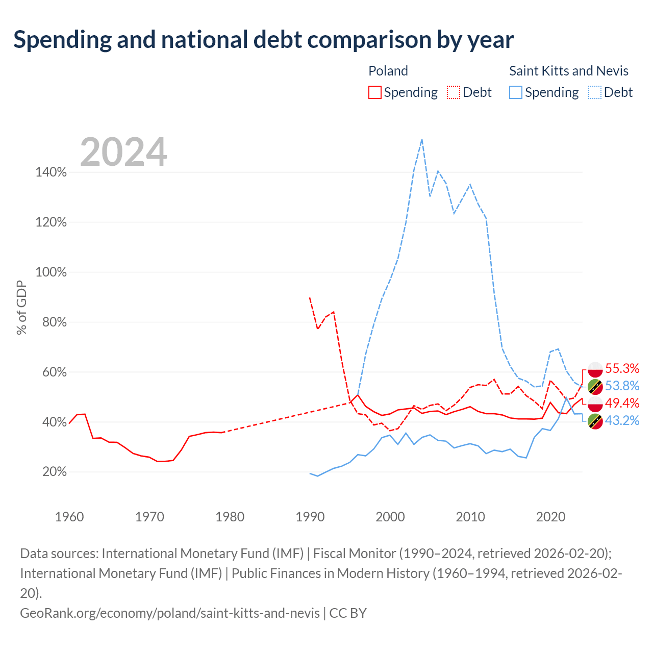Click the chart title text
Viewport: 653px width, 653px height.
click(x=263, y=40)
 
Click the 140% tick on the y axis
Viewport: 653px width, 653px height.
click(x=51, y=172)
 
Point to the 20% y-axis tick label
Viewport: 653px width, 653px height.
click(x=55, y=471)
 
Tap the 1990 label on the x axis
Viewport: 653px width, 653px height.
click(x=310, y=517)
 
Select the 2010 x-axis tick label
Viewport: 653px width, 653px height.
click(x=470, y=517)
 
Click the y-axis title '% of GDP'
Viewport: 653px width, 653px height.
click(x=21, y=307)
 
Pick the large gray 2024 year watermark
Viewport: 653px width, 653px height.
click(x=123, y=152)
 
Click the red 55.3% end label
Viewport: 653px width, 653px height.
click(x=622, y=368)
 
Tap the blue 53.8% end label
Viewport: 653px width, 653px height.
click(x=622, y=386)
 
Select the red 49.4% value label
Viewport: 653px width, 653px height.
click(x=622, y=403)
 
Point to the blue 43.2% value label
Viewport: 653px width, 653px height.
click(x=622, y=420)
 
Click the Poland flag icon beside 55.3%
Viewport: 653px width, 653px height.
click(x=595, y=369)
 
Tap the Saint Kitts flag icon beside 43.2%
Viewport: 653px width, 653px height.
click(x=595, y=421)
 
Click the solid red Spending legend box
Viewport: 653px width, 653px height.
click(x=375, y=92)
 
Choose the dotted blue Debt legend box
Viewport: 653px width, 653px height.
click(x=595, y=92)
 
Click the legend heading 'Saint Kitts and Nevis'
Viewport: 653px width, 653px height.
click(x=569, y=71)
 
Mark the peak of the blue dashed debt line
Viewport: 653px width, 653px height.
click(x=422, y=140)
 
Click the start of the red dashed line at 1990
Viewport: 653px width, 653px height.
click(x=310, y=297)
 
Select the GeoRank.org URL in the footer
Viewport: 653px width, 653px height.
click(x=170, y=613)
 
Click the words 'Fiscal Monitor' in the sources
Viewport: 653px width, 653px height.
click(x=355, y=554)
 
